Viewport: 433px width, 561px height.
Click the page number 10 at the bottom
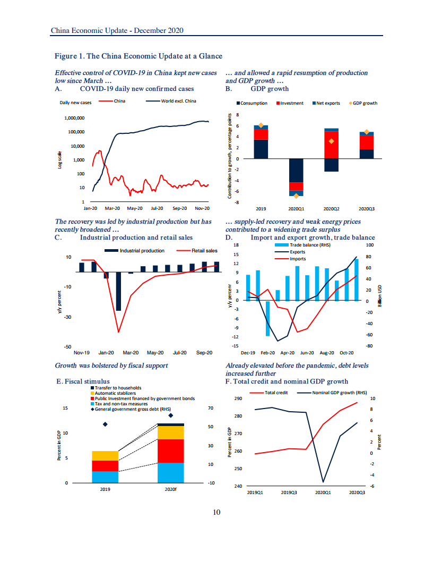(216, 512)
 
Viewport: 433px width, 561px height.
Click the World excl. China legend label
(179, 101)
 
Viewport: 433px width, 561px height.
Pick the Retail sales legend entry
(204, 251)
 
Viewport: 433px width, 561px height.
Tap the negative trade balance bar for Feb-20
(268, 318)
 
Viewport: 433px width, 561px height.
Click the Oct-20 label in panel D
(347, 352)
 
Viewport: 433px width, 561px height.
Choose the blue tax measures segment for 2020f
(170, 472)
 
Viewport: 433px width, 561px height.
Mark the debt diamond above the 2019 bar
(105, 424)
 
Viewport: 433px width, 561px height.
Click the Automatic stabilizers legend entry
(115, 393)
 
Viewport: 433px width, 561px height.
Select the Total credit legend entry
(276, 393)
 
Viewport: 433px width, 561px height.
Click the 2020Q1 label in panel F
(323, 493)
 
